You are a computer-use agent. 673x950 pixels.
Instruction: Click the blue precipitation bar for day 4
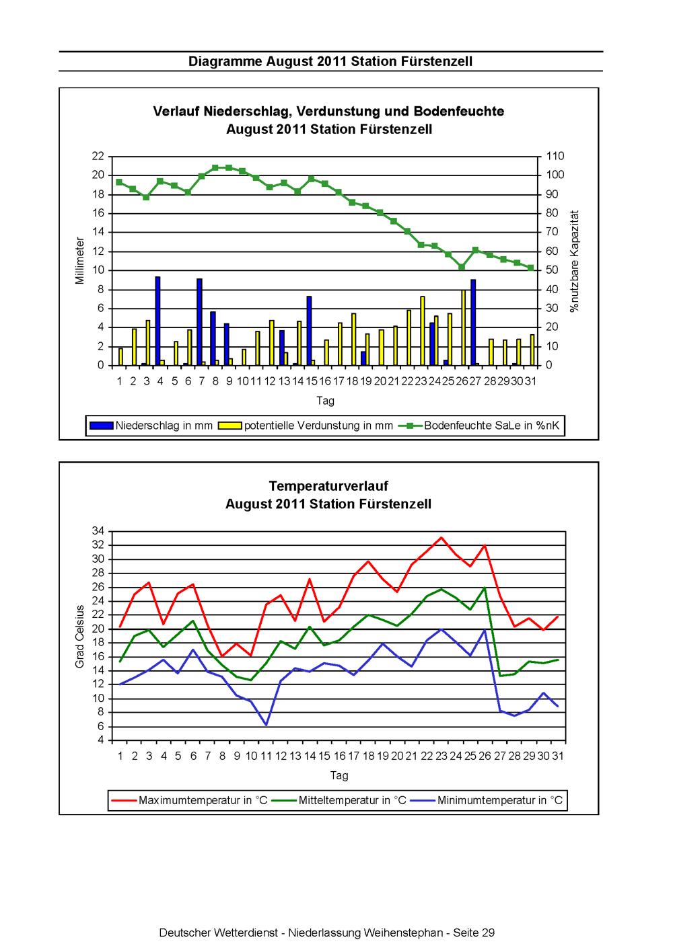point(157,321)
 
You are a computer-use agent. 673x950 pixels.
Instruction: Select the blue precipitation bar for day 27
point(473,322)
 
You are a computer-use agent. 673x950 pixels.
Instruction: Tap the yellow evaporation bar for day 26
point(463,327)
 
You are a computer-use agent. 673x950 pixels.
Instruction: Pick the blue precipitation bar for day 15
point(309,330)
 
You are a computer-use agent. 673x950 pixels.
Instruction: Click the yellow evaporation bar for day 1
point(120,357)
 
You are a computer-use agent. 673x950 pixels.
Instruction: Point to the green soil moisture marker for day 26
point(462,267)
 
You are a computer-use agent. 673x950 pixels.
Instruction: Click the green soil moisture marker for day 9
point(229,167)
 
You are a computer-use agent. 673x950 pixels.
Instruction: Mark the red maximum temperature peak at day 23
point(441,538)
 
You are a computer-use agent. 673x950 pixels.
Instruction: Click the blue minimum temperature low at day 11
point(267,725)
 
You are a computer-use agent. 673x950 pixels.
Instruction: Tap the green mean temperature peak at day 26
point(485,588)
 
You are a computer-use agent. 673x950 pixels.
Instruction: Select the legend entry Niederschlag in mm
point(151,426)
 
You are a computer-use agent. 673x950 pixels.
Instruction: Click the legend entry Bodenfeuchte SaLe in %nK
point(480,426)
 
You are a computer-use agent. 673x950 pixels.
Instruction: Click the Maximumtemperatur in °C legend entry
point(189,800)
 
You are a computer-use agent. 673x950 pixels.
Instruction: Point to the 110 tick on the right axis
point(555,156)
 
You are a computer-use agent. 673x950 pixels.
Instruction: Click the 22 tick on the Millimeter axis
point(98,156)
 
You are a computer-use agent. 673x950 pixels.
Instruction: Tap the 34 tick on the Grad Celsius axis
point(98,530)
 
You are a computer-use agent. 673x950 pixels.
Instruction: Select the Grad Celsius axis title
point(79,636)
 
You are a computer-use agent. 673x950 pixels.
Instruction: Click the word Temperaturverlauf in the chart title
point(328,486)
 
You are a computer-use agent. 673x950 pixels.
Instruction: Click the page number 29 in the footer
point(488,933)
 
